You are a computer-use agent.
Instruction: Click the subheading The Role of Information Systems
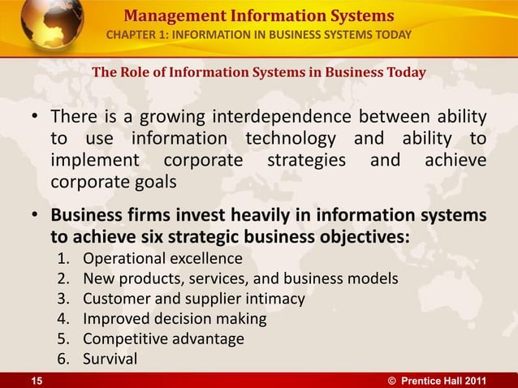(258, 73)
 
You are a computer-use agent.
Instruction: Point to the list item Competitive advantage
(163, 338)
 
